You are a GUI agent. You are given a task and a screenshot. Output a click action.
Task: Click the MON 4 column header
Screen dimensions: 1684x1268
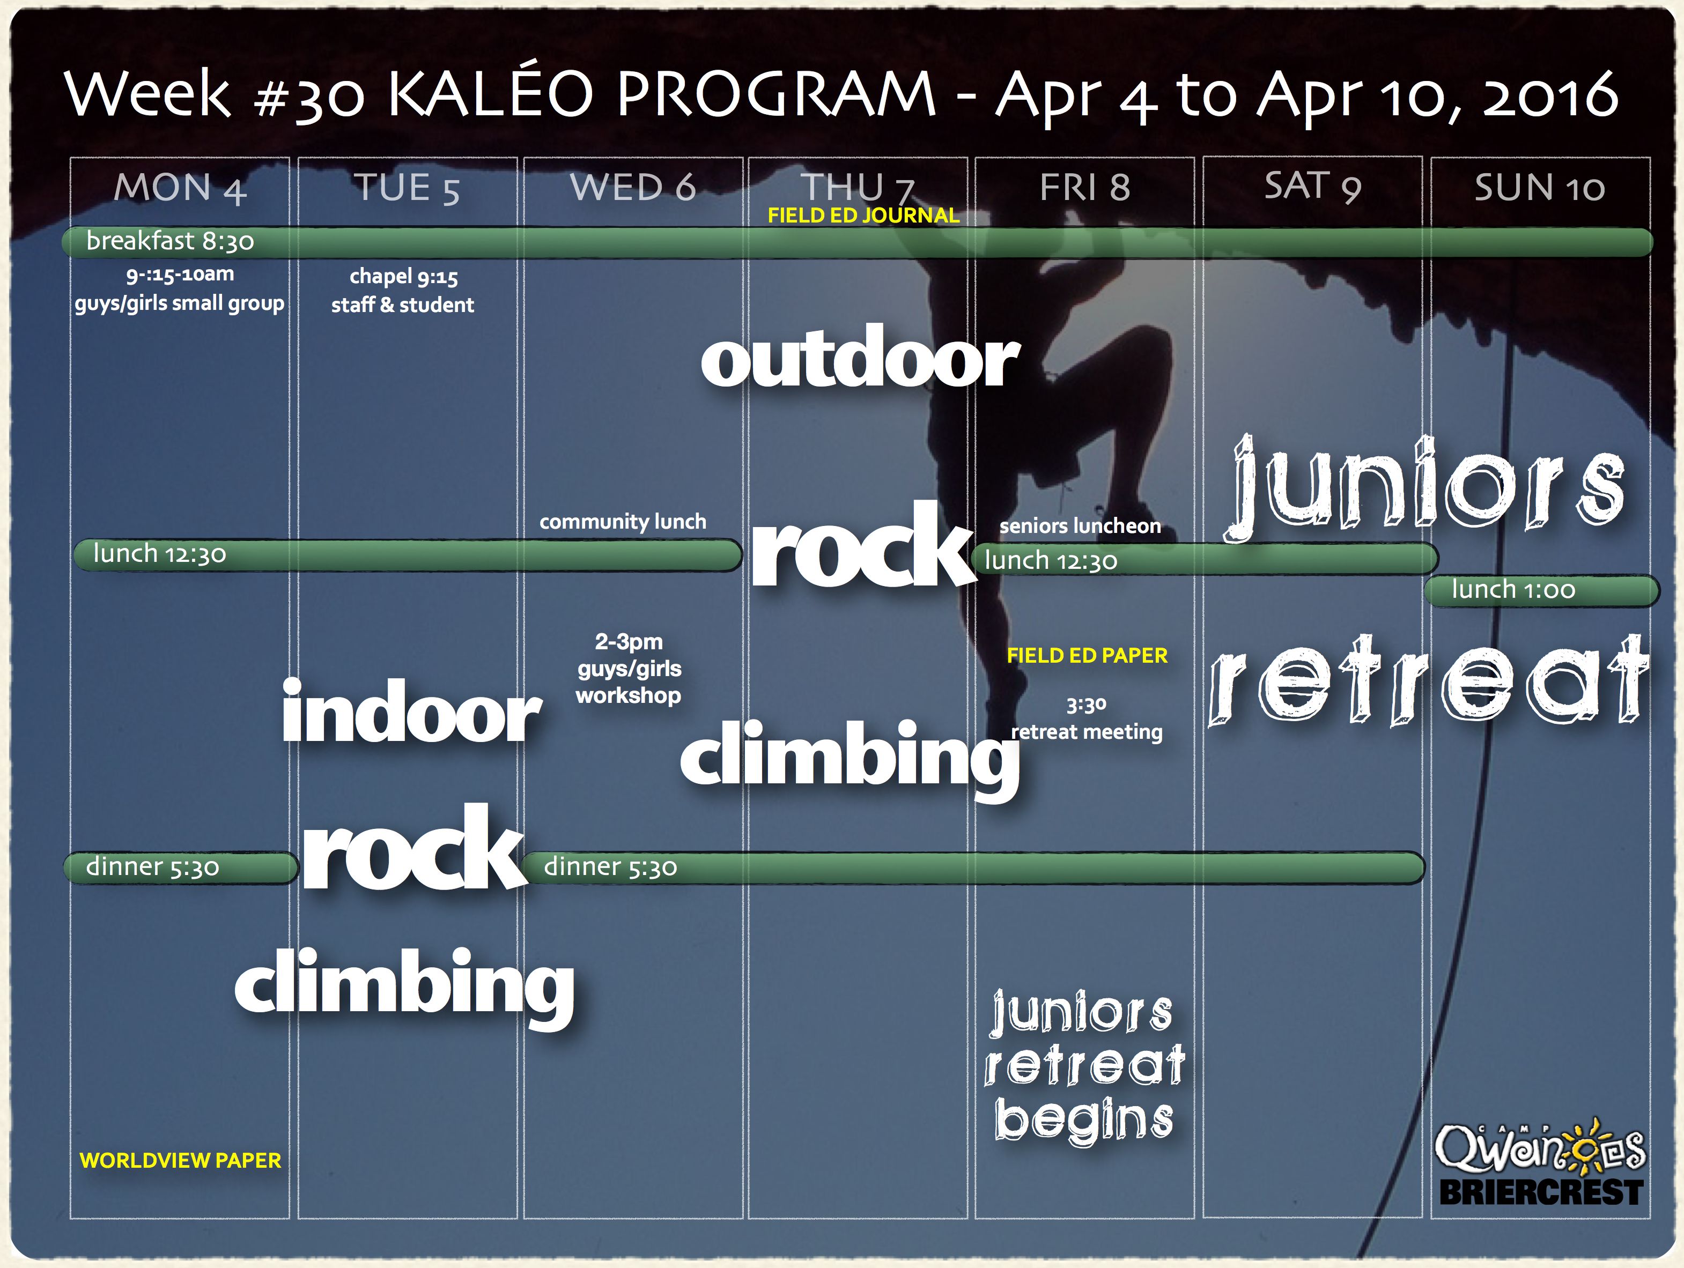click(180, 188)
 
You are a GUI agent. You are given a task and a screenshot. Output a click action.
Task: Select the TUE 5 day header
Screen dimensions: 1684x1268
click(407, 188)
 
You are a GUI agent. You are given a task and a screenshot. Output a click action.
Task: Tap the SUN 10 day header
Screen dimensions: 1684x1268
click(1539, 188)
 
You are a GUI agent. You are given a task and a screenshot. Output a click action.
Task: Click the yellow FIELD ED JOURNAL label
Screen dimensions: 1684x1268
click(863, 216)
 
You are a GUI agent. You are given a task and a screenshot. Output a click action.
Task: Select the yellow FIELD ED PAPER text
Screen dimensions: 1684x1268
click(1087, 655)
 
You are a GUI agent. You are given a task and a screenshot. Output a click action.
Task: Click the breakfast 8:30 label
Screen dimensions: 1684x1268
click(170, 241)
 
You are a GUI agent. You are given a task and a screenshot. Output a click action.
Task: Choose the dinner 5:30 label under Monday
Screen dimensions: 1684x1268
click(152, 867)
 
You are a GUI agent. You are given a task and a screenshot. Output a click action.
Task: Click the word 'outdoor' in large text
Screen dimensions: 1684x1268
click(860, 357)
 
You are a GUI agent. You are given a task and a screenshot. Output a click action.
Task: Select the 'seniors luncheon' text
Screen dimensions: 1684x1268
click(1080, 525)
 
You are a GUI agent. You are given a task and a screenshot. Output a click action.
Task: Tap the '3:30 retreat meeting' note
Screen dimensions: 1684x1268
click(1087, 718)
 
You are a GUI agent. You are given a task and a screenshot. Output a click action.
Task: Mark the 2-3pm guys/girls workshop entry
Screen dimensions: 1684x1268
click(629, 668)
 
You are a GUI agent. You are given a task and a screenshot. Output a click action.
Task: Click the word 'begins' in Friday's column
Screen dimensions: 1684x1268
click(1084, 1119)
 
